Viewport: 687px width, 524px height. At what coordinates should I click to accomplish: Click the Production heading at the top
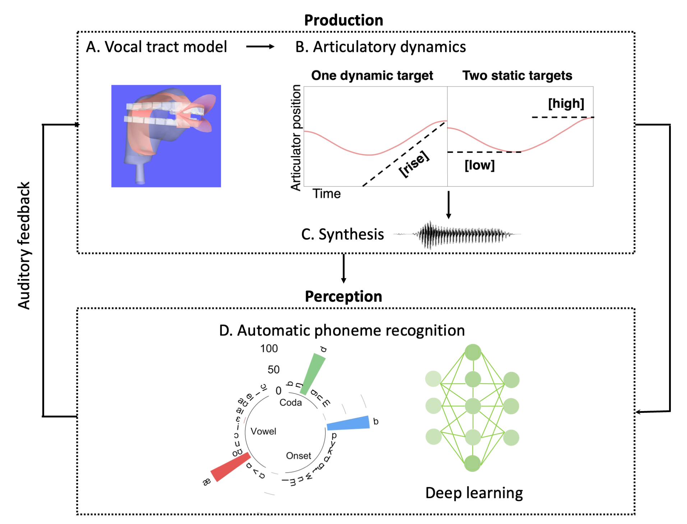343,20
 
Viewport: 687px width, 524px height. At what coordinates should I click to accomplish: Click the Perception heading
343,296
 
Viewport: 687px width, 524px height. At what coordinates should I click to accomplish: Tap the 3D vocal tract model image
166,136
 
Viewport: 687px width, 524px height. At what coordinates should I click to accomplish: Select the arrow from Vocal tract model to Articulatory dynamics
260,47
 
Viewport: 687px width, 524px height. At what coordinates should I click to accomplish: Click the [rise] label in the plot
414,164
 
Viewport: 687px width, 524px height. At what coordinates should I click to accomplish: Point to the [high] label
566,104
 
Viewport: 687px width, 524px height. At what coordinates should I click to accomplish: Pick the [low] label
479,165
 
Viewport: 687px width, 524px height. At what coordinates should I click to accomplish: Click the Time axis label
326,193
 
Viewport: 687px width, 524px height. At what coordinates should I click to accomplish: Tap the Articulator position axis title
296,137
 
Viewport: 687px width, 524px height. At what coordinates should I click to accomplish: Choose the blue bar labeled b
348,423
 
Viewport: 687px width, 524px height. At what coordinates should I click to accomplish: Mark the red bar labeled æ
230,467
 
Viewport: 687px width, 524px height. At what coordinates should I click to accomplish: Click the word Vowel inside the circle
263,431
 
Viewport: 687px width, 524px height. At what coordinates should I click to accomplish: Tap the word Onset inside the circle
298,456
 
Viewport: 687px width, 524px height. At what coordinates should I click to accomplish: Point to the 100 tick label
269,348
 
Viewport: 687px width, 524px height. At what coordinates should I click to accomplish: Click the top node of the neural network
472,352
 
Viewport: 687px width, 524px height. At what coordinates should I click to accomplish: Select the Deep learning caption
474,493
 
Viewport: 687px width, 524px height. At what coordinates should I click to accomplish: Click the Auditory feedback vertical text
24,245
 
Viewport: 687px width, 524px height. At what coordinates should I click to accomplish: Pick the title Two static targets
517,76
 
